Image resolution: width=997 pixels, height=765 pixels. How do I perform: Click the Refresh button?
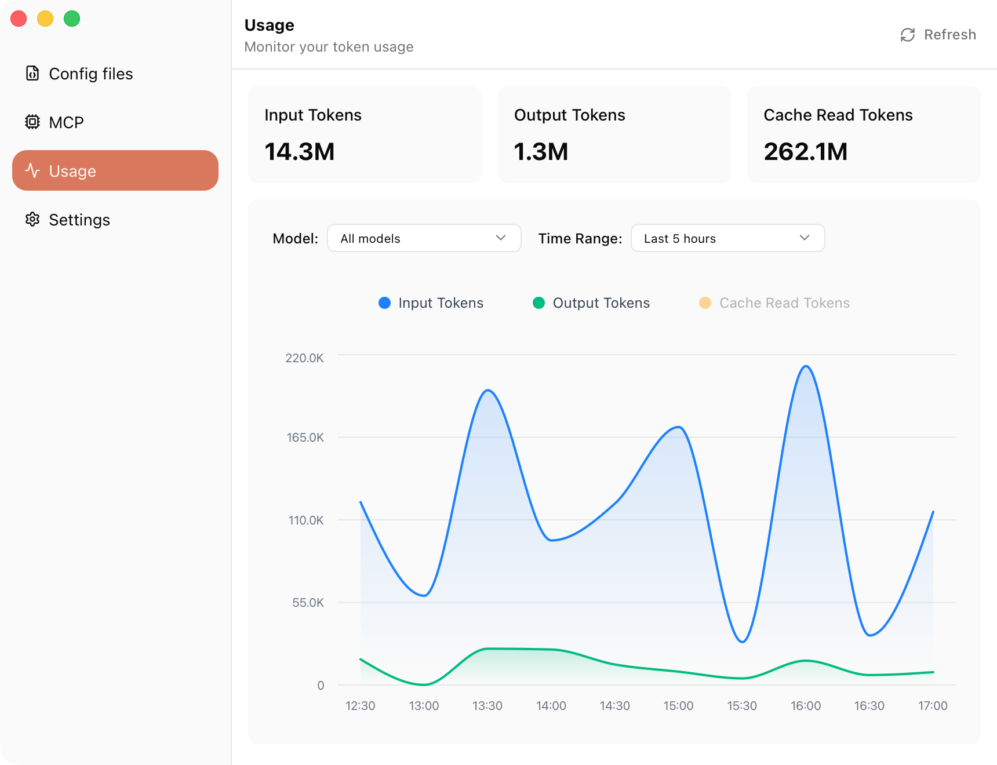pos(938,35)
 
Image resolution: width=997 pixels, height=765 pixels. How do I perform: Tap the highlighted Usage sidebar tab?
pos(115,170)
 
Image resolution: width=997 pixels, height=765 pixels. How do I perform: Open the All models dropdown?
pos(424,238)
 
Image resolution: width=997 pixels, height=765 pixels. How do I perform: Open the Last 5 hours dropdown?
pos(727,238)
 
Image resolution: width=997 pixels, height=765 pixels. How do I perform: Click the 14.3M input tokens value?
pos(299,152)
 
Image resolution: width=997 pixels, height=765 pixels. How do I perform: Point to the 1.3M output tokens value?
pos(541,152)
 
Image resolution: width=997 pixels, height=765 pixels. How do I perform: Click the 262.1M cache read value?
pos(805,152)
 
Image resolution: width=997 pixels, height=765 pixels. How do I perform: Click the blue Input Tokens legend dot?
pos(384,303)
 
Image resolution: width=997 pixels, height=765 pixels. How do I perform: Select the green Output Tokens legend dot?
pos(538,303)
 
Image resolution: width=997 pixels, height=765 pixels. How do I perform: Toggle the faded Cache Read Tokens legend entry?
pos(774,303)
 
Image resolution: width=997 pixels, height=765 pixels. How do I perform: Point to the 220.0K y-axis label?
pos(304,358)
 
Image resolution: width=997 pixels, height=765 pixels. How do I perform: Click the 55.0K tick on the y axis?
pos(308,603)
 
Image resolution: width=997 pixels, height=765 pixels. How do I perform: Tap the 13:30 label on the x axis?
pos(487,706)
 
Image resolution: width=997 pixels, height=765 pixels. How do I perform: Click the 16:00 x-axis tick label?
pos(805,706)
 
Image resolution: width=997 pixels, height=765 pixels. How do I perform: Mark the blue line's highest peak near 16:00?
pos(806,366)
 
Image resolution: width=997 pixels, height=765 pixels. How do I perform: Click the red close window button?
pos(19,19)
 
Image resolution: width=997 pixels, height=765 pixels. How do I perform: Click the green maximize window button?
pos(72,19)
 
